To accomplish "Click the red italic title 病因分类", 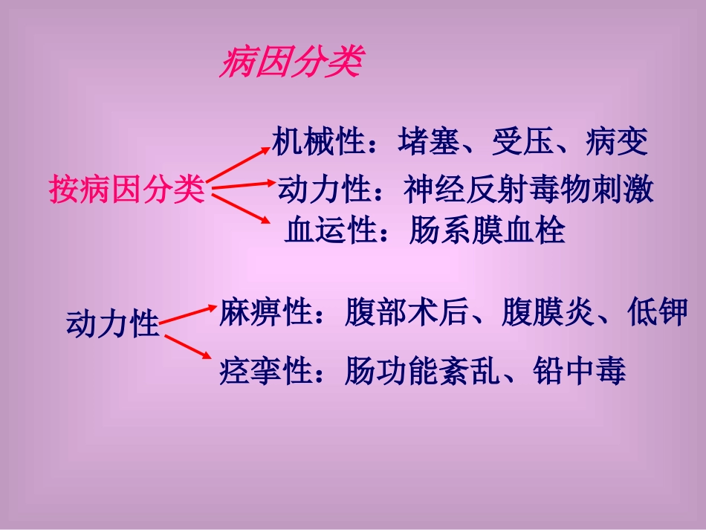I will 291,64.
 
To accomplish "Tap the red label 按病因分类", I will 126,190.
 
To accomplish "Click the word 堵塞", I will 429,141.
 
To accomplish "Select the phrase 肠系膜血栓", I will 487,231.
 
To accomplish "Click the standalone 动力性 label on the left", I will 113,324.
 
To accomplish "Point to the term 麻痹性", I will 265,313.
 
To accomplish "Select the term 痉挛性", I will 265,370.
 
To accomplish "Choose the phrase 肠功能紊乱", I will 421,370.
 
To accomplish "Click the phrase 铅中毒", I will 579,370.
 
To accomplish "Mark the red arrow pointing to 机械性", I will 239,163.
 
